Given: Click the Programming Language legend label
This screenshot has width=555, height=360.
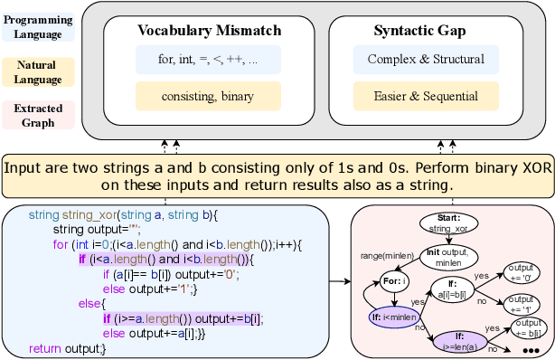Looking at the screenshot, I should pos(36,26).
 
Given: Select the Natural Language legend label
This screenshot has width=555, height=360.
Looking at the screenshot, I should pos(36,72).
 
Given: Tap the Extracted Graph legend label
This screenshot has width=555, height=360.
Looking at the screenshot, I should pos(36,116).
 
